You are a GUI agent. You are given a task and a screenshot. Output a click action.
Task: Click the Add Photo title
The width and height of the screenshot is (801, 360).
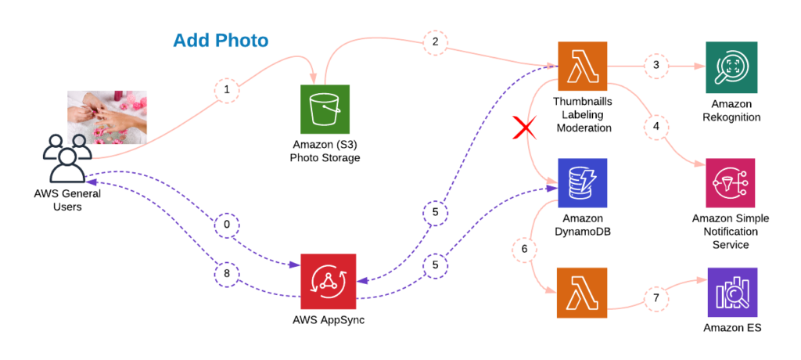point(221,40)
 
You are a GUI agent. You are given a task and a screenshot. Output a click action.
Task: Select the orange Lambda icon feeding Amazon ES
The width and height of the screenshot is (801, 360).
point(583,292)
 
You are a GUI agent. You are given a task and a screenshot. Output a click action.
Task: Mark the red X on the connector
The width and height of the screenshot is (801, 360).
point(523,128)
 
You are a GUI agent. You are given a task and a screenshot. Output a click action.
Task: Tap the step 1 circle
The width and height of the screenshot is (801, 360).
point(227,91)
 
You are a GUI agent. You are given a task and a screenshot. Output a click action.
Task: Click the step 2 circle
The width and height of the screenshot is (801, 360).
point(434,41)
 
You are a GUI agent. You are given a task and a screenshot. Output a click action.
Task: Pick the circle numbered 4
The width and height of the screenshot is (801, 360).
point(656,125)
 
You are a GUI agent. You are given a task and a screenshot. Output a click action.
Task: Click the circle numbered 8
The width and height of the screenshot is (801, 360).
point(227,275)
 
